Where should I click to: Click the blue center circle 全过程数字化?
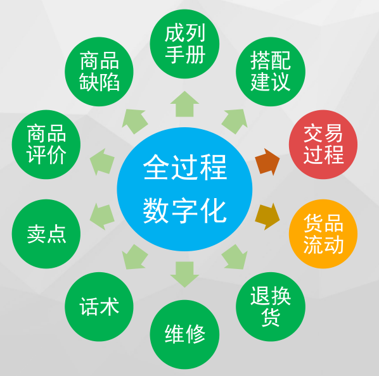click(184, 189)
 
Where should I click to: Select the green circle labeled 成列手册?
click(184, 44)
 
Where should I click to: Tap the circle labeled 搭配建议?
click(271, 72)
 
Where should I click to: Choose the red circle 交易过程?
click(323, 144)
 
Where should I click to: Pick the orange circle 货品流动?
click(323, 234)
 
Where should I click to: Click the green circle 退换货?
click(271, 307)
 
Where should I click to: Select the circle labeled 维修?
click(184, 334)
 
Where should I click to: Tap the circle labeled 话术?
click(99, 307)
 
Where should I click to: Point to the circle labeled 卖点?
click(46, 234)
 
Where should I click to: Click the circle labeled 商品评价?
click(46, 144)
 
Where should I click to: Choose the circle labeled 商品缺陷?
click(99, 72)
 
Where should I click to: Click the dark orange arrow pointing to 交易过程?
click(267, 162)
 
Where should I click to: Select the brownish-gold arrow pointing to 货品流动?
click(267, 216)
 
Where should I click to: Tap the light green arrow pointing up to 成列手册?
click(184, 104)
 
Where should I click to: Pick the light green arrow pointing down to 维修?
click(184, 274)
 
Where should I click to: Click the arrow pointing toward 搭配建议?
click(234, 122)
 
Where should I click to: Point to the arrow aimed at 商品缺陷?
click(134, 122)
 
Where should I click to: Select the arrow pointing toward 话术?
click(134, 257)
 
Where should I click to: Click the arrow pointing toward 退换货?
click(234, 257)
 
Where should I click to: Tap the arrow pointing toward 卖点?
click(102, 216)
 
